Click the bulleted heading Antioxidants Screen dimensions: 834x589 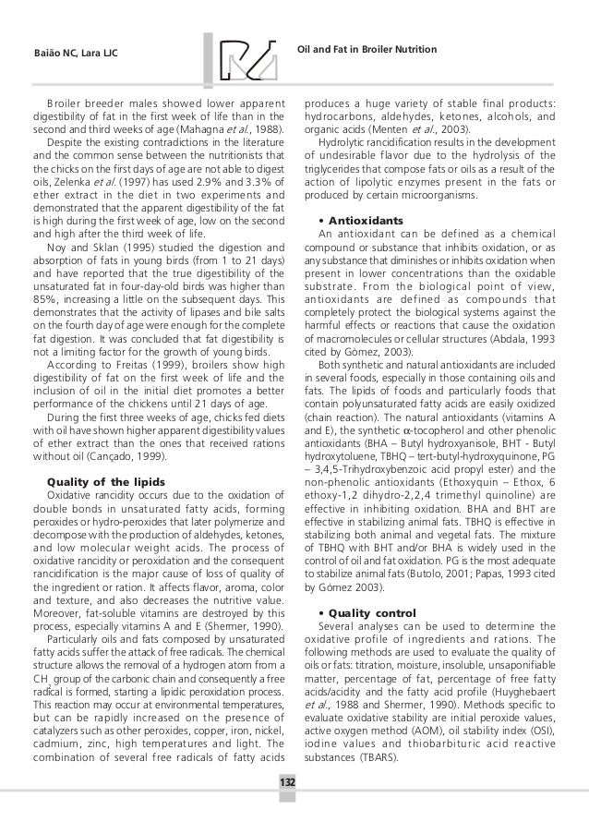364,222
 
